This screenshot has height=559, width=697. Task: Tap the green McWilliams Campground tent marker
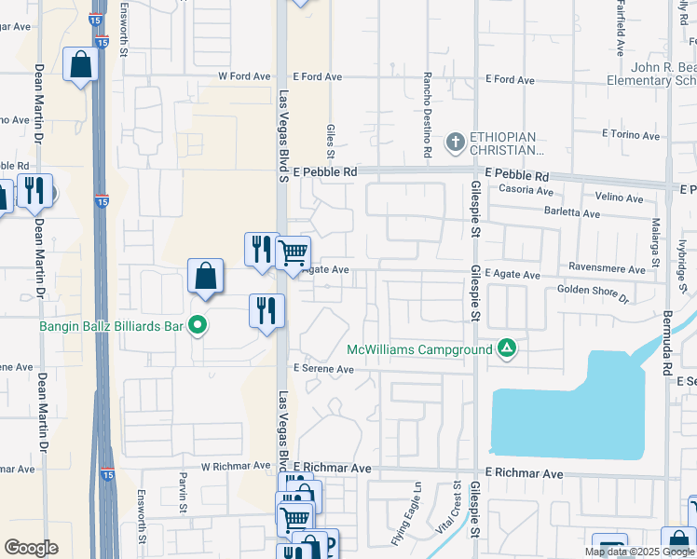tap(506, 349)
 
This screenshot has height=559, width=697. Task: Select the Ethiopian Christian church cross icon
tap(455, 143)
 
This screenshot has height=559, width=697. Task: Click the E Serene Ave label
tap(323, 369)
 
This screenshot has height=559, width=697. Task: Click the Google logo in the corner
tap(31, 548)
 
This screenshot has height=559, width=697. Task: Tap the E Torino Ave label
tap(631, 134)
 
